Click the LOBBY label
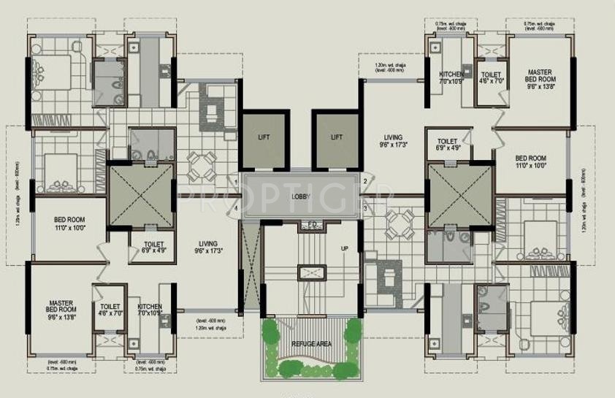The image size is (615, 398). pos(301,196)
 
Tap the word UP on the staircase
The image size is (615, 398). pos(344,249)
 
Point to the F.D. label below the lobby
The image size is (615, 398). pos(311,224)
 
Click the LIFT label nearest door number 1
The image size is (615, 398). pos(264,137)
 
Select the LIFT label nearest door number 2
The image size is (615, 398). pos(336,137)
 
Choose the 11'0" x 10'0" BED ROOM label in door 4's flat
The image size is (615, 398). pos(70,223)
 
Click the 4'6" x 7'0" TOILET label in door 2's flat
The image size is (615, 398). pos(490,78)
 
